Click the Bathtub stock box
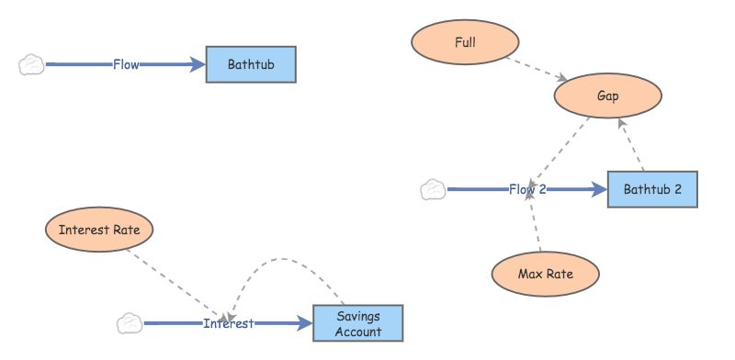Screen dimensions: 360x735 coord(251,64)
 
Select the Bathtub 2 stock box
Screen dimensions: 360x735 coord(652,189)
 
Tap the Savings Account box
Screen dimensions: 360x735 coord(357,324)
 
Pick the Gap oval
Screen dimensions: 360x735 coord(607,96)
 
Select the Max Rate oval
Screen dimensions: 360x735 coord(546,273)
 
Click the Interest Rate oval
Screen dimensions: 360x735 coord(98,230)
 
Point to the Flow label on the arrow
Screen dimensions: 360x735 coord(126,64)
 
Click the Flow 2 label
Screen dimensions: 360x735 coord(527,190)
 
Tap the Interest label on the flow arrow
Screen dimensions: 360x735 coord(228,323)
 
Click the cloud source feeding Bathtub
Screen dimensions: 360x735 coord(31,64)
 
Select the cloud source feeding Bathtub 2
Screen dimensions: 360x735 coord(433,190)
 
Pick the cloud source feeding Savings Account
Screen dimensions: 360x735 coord(130,323)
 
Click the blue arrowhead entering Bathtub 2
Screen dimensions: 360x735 coord(599,190)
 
